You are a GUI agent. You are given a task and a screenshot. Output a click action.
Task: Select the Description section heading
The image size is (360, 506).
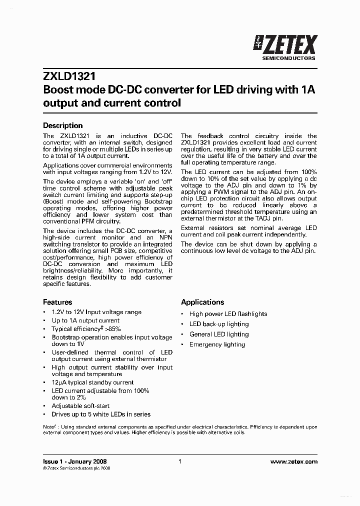pyautogui.click(x=62, y=125)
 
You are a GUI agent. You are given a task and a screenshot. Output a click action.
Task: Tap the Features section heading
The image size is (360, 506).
pyautogui.click(x=57, y=302)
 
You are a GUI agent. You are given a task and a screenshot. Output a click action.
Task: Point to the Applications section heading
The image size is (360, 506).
pyautogui.click(x=202, y=302)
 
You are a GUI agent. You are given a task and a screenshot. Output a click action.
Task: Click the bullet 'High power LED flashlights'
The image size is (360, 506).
pyautogui.click(x=228, y=314)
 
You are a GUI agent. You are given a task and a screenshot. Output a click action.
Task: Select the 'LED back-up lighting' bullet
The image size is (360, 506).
pyautogui.click(x=218, y=324)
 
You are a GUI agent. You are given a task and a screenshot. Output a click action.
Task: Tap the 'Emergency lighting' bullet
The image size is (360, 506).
pyautogui.click(x=217, y=344)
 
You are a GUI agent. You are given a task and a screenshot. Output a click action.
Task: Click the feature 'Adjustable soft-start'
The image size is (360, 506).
pyautogui.click(x=80, y=406)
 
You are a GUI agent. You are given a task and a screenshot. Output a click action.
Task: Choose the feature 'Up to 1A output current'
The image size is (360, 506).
pyautogui.click(x=85, y=320)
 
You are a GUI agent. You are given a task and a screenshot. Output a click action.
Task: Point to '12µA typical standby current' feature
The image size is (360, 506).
pyautogui.click(x=92, y=382)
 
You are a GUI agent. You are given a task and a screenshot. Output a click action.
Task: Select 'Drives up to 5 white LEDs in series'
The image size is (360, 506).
pyautogui.click(x=101, y=414)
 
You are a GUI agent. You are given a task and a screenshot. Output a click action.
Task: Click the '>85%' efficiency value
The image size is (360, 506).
pyautogui.click(x=113, y=329)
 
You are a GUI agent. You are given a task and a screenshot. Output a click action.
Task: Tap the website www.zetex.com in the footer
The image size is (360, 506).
pyautogui.click(x=293, y=462)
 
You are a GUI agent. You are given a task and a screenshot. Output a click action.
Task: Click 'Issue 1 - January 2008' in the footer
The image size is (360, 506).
pyautogui.click(x=75, y=462)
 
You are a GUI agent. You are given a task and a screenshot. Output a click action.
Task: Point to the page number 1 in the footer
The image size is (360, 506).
pyautogui.click(x=180, y=462)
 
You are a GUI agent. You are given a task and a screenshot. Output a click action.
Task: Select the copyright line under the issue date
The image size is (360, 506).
pyautogui.click(x=76, y=468)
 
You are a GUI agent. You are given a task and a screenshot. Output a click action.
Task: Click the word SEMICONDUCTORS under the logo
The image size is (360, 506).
pyautogui.click(x=289, y=58)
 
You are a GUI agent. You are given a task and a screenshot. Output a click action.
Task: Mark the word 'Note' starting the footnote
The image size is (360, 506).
pyautogui.click(x=49, y=427)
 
